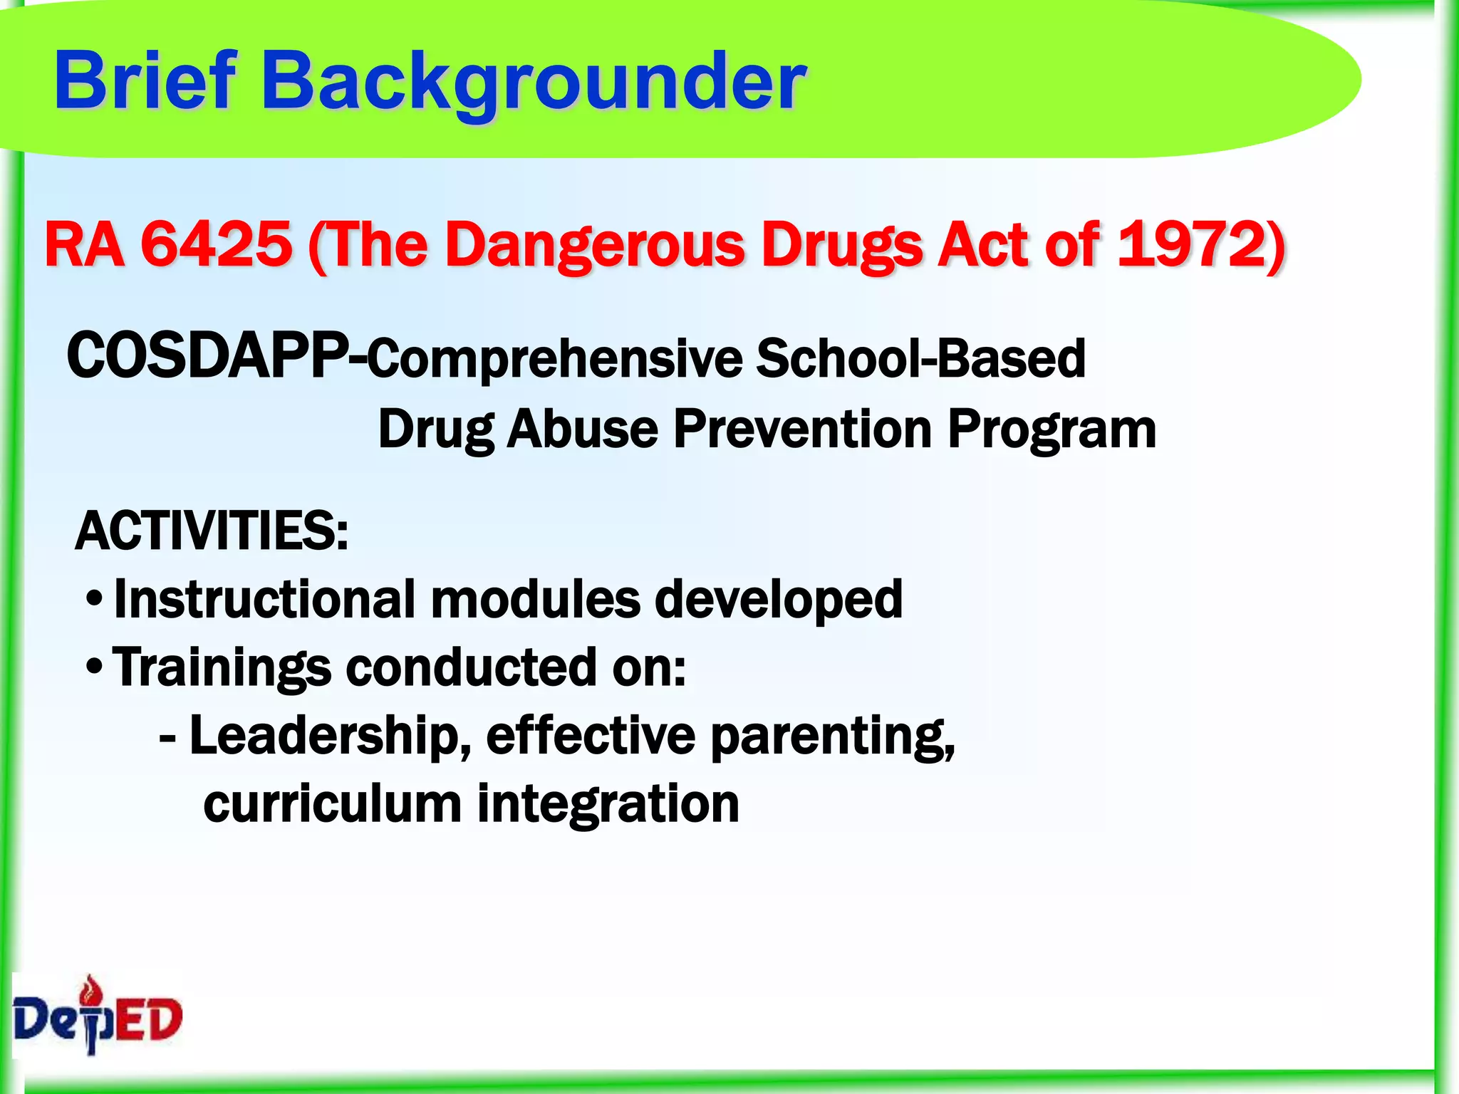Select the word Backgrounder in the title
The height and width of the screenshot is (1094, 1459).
click(x=534, y=82)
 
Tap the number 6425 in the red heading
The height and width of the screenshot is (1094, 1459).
click(x=216, y=244)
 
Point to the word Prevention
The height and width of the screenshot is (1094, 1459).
click(x=803, y=429)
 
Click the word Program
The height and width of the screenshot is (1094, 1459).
click(x=1052, y=430)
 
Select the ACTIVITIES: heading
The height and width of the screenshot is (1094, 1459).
click(x=212, y=531)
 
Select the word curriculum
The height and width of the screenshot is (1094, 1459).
click(x=333, y=803)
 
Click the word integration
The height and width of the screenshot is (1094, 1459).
click(x=608, y=803)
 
